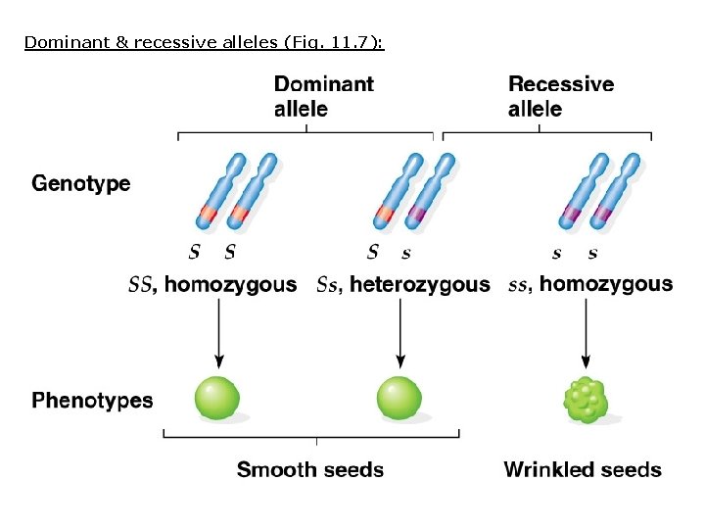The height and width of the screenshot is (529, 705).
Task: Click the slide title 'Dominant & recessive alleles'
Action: coord(205,42)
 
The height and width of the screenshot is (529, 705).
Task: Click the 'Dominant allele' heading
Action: coord(323,96)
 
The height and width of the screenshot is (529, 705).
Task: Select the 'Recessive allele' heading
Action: coord(561,96)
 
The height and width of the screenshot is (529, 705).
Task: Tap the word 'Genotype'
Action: coord(81,183)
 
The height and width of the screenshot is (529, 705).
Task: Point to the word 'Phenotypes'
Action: coord(92,400)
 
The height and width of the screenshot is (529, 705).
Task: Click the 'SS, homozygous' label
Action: coord(212,285)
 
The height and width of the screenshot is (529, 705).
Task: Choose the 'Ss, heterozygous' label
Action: coord(403,285)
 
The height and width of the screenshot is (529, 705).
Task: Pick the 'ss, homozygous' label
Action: coord(591,285)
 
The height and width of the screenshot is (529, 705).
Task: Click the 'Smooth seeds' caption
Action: coord(310,470)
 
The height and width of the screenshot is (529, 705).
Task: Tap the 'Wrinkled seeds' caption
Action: coord(583,470)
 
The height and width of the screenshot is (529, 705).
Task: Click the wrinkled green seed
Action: coord(586,400)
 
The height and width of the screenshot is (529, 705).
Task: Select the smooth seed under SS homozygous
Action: coord(218,399)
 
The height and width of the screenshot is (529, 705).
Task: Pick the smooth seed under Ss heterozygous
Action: coord(399,399)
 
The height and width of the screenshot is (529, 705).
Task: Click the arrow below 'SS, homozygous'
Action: coord(218,333)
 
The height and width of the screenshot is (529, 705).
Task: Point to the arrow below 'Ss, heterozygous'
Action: coord(399,333)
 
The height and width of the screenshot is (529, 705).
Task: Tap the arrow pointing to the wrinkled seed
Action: coord(586,333)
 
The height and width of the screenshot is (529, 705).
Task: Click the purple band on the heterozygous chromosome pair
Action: coord(417,214)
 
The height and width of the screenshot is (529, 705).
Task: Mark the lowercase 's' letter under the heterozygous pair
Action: coord(406,253)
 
